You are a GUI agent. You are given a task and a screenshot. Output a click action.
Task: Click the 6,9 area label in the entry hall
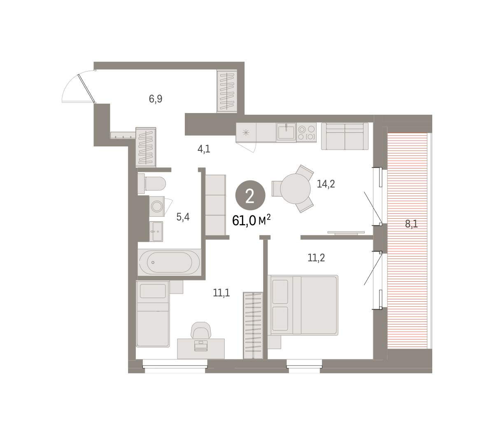click(x=155, y=99)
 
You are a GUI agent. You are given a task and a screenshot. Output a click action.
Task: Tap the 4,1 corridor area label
click(x=204, y=149)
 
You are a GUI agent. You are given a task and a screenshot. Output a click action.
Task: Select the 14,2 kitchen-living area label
click(x=326, y=184)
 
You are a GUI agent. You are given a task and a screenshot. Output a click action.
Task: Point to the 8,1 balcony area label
click(x=411, y=224)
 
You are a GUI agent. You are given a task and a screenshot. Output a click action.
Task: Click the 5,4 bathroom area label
click(x=183, y=217)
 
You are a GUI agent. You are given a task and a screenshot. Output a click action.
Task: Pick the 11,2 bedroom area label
click(x=316, y=257)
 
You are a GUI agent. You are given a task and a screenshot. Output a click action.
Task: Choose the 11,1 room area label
click(x=221, y=293)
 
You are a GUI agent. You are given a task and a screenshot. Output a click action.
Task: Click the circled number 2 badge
click(x=250, y=195)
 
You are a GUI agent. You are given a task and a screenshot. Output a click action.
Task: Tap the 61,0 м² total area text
click(x=251, y=220)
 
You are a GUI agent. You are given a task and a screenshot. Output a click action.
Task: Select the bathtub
click(x=170, y=262)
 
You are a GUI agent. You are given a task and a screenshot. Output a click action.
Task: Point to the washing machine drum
click(x=156, y=206)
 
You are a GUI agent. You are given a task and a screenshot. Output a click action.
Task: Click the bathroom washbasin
click(x=156, y=231)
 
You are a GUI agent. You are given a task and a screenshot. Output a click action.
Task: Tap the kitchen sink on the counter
click(x=286, y=132)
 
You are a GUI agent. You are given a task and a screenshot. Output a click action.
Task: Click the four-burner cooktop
click(x=307, y=132)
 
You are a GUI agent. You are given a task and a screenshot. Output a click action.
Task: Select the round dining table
click(x=295, y=189)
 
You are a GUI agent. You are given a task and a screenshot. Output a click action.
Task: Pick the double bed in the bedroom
click(x=303, y=305)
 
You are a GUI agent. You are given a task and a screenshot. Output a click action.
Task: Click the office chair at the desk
click(x=201, y=330)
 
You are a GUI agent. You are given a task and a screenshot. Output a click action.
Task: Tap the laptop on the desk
click(x=200, y=346)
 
